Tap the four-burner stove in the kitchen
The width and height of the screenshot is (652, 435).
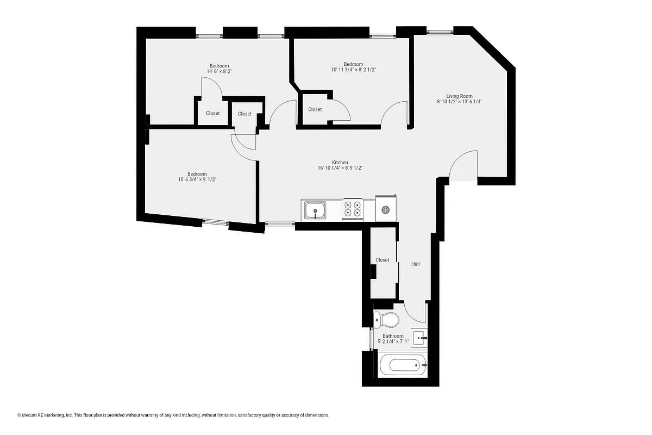coord(352,209)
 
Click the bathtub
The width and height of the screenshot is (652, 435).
coord(403,365)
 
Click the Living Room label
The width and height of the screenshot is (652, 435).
coord(459,96)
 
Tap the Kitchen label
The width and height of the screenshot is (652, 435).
coord(340,163)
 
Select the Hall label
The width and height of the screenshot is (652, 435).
coord(415,264)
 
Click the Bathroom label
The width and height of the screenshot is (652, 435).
coord(393,336)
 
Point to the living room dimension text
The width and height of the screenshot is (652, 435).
coord(459,102)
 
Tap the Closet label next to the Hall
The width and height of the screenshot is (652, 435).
coord(383,260)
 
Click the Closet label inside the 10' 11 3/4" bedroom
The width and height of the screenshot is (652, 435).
coord(315,109)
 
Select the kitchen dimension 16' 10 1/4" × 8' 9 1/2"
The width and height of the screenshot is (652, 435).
coord(340,168)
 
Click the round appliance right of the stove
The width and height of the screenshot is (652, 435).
coord(386,210)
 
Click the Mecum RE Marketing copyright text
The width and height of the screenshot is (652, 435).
coord(173,415)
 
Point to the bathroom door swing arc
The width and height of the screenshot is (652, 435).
coord(416,313)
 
